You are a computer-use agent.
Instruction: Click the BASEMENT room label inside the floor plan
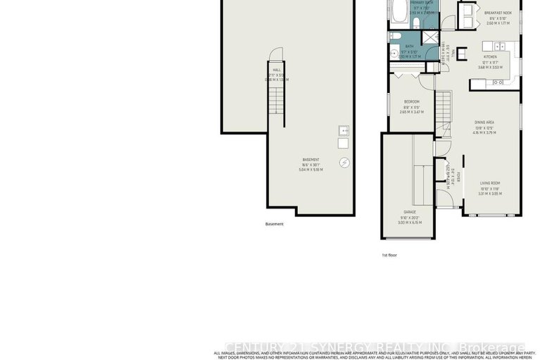[x=310, y=160]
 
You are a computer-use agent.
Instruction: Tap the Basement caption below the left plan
[x=275, y=224]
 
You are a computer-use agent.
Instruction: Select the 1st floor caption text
[x=389, y=255]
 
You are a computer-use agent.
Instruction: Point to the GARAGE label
[x=409, y=211]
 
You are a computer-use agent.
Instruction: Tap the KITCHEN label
[x=490, y=56]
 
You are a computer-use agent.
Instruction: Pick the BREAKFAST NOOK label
[x=497, y=12]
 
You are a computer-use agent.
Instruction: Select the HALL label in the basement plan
[x=277, y=70]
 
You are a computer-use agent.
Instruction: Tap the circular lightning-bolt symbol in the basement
[x=344, y=163]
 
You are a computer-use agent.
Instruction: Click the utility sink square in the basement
[x=343, y=130]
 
